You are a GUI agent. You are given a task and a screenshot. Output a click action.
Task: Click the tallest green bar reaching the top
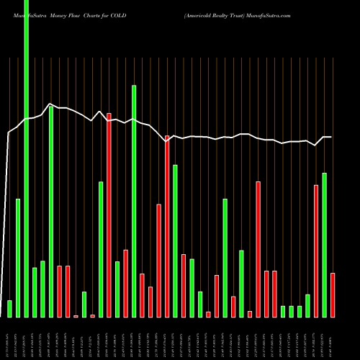27,158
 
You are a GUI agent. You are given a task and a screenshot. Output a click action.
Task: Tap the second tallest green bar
134,201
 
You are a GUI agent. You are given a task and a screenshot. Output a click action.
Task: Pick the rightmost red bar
333,294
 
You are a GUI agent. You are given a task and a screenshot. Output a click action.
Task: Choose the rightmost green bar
324,245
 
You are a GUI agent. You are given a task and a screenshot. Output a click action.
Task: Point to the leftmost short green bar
10,308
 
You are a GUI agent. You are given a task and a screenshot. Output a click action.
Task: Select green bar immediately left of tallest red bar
101,249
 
